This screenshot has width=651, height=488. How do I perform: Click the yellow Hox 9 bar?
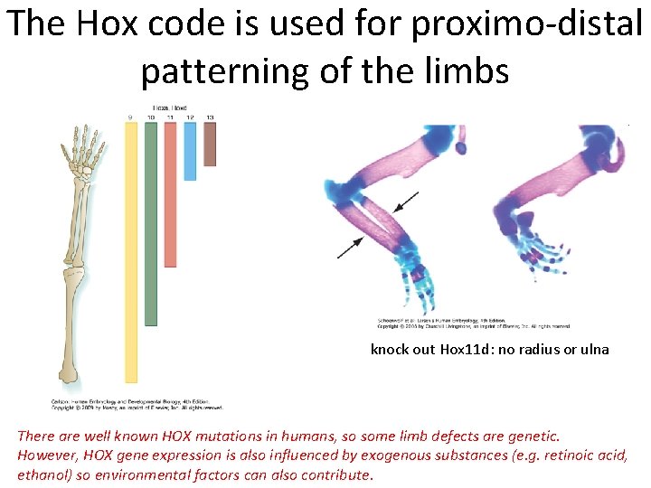tap(131, 253)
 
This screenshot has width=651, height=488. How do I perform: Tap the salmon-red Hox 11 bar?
tap(170, 193)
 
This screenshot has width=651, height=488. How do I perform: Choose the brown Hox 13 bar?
tap(210, 144)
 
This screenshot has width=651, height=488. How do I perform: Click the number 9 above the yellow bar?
tap(131, 117)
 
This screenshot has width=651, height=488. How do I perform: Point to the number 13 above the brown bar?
tap(210, 117)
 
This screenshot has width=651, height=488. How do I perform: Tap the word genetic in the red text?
tap(533, 436)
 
